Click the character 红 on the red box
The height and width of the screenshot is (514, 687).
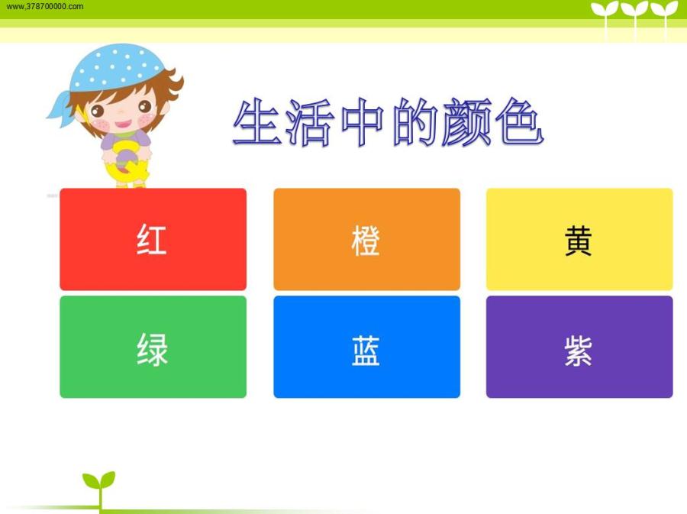coord(152,239)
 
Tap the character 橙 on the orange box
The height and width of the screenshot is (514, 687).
coord(366,240)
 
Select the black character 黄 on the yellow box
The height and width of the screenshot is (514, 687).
coord(579,240)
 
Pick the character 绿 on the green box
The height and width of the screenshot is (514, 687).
coord(152,349)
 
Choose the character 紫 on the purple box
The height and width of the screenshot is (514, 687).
coord(579,351)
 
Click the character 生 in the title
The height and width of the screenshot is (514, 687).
coord(256,122)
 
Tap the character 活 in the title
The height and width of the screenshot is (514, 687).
coord(310,123)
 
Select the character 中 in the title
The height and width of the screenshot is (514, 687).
coord(363,122)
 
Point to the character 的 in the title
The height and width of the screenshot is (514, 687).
coord(414,122)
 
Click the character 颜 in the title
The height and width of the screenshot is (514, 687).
coord(466,122)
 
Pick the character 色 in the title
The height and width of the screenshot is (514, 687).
coord(520,122)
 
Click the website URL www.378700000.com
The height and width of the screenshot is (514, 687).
coord(45,7)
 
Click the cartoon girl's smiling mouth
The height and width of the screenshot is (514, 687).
coord(123,124)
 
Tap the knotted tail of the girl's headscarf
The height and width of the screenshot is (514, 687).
coord(60,108)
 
